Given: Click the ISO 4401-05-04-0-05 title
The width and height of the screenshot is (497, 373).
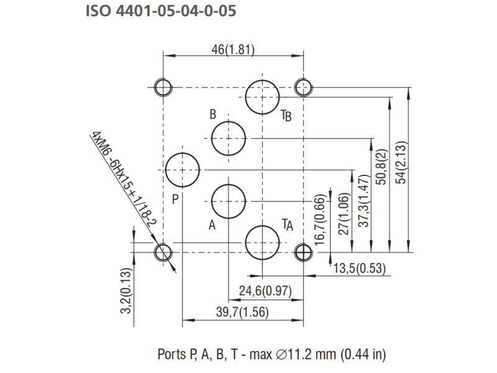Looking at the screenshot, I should pos(161,12).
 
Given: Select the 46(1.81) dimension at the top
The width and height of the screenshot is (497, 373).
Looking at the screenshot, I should pos(233,50).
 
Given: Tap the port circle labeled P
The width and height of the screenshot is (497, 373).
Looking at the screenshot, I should pos(183,169).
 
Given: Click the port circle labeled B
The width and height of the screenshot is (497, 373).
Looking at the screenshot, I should pos(229,138).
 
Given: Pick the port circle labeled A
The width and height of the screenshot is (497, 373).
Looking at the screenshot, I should pos(229,201).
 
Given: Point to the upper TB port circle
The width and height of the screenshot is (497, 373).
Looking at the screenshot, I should pos(262,96).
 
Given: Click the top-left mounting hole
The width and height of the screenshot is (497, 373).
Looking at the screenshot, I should pos(163,87).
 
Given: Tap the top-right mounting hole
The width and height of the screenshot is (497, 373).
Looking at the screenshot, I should pos(303,87).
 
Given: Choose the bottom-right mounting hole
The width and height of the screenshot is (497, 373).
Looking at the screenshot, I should pos(303,252).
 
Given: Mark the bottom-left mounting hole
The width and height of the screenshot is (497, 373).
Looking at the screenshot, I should pos(163,252).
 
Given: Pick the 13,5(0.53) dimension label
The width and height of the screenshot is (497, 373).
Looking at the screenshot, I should pos(360,269).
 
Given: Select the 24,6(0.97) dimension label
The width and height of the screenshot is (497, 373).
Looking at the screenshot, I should pos(265,291).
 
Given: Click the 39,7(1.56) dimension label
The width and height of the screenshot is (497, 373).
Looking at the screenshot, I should pos(242,313).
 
